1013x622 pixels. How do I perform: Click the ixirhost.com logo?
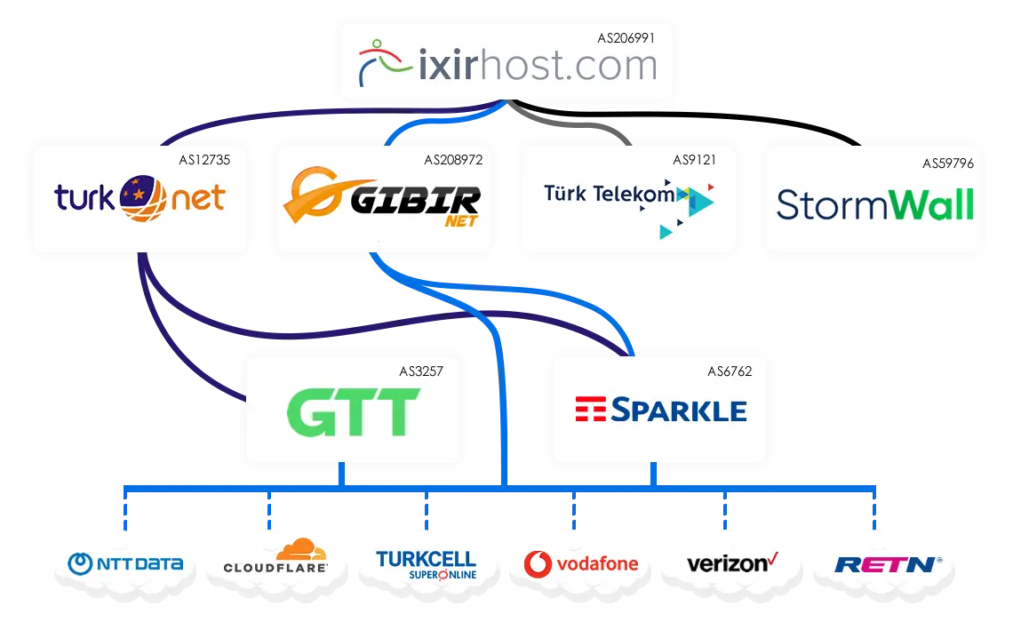506,66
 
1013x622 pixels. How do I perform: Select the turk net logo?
140,198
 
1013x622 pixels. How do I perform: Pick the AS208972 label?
453,160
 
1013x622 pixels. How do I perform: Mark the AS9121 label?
694,160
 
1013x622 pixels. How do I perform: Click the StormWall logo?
874,204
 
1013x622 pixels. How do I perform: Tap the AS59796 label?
948,163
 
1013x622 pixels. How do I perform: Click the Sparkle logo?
660,410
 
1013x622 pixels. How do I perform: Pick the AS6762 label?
730,371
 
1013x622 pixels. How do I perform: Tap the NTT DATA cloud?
126,563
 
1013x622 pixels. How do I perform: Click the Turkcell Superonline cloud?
427,563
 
